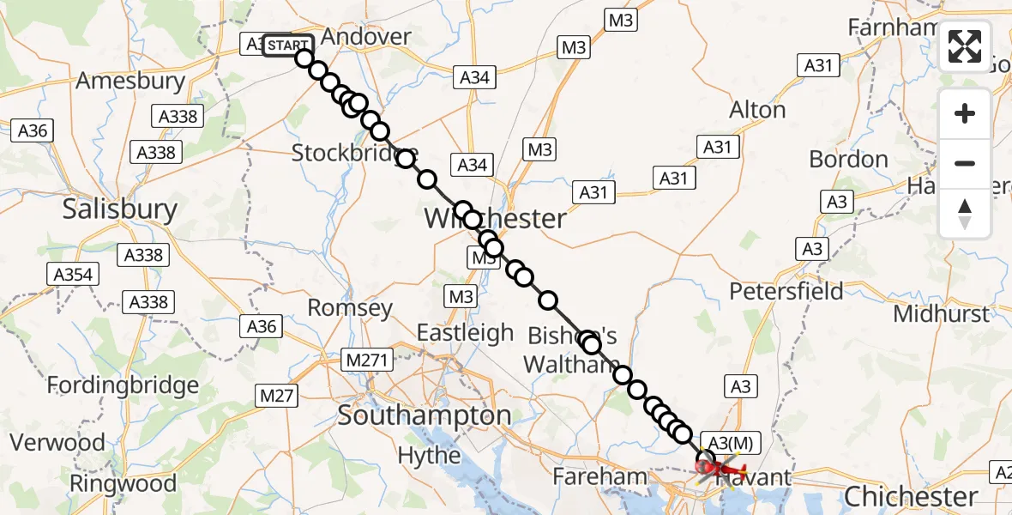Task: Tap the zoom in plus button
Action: [x=965, y=113]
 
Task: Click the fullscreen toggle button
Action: [x=965, y=46]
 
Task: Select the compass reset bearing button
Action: [x=965, y=213]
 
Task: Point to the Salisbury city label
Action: [x=120, y=209]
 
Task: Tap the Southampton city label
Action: [x=425, y=416]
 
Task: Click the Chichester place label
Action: [x=911, y=496]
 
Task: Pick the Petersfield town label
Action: [x=786, y=291]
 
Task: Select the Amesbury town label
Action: [x=130, y=82]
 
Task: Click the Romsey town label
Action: [x=350, y=308]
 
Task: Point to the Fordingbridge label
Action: [x=123, y=385]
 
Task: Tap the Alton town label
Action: [x=757, y=110]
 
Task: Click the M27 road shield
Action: [x=276, y=395]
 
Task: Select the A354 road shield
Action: [x=74, y=275]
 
